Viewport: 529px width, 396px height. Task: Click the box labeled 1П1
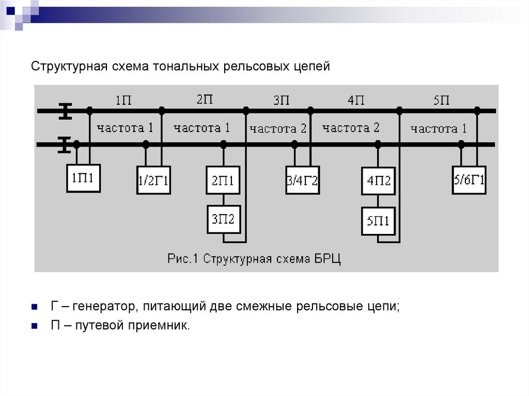pyautogui.click(x=83, y=178)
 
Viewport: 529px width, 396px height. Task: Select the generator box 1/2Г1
pyautogui.click(x=153, y=180)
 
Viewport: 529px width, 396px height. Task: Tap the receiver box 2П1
pyautogui.click(x=223, y=180)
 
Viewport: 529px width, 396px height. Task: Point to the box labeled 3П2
pyautogui.click(x=223, y=219)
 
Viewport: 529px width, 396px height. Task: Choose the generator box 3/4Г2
pyautogui.click(x=302, y=180)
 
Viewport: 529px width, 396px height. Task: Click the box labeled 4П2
pyautogui.click(x=379, y=181)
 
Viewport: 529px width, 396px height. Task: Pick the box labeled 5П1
pyautogui.click(x=379, y=221)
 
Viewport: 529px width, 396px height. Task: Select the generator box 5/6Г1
pyautogui.click(x=469, y=180)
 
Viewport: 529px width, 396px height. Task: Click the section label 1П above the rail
pyautogui.click(x=123, y=100)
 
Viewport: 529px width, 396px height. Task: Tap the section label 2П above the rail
pyautogui.click(x=205, y=99)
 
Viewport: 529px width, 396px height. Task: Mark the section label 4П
pyautogui.click(x=356, y=100)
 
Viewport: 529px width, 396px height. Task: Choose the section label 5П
pyautogui.click(x=442, y=100)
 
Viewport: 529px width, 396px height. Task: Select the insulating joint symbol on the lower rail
pyautogui.click(x=64, y=145)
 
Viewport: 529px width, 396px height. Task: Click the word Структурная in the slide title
pyautogui.click(x=69, y=67)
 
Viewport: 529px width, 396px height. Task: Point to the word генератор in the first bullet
pyautogui.click(x=102, y=306)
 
